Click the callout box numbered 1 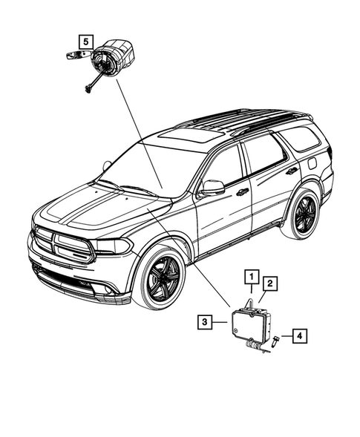(x=252, y=277)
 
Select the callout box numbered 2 (x=270, y=283)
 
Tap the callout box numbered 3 (x=205, y=321)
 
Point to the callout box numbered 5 (x=87, y=41)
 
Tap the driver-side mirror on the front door (x=212, y=188)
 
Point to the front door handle (x=243, y=192)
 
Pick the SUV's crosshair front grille (x=63, y=244)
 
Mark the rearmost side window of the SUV (x=300, y=137)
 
